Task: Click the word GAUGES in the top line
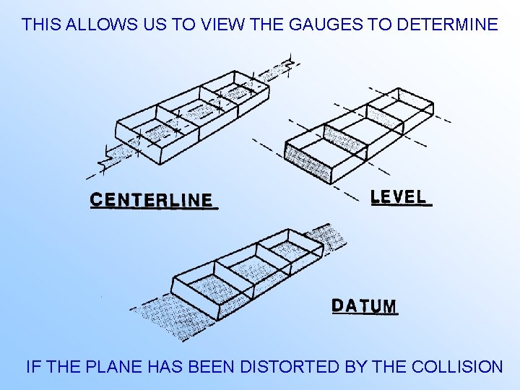click(x=326, y=25)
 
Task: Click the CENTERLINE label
click(x=152, y=199)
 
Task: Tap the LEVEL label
click(x=399, y=196)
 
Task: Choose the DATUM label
click(x=365, y=305)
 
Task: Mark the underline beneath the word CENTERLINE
click(x=154, y=209)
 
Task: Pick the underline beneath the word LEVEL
click(x=402, y=206)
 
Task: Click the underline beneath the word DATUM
click(x=365, y=315)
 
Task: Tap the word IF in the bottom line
click(x=32, y=367)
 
